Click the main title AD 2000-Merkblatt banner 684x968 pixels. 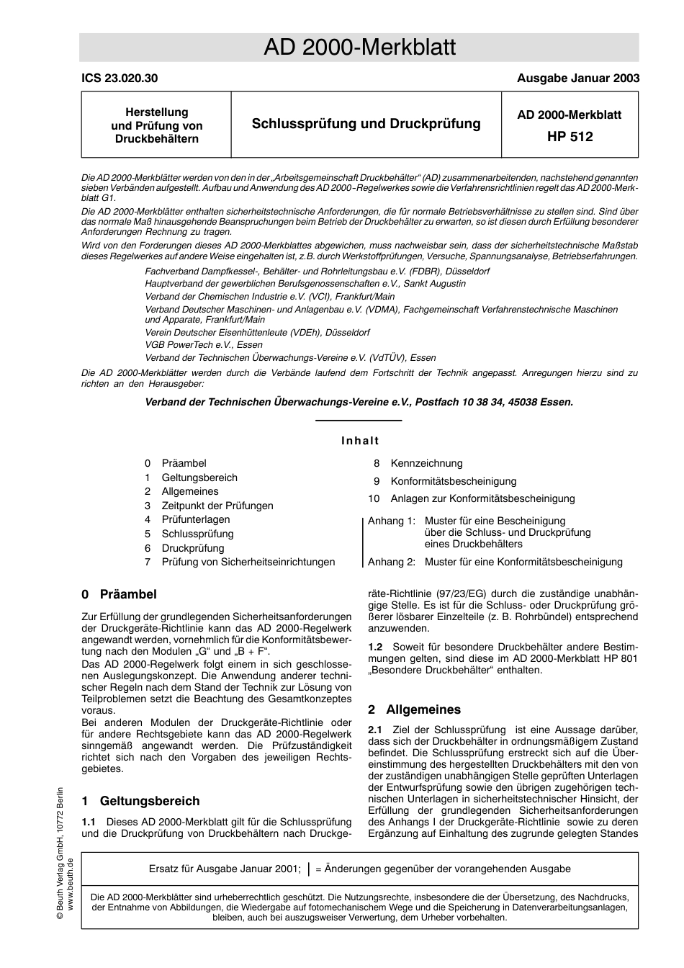click(x=359, y=48)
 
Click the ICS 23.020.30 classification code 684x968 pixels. click(x=119, y=79)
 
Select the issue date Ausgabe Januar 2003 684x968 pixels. click(x=577, y=79)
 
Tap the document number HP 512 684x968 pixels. click(x=570, y=136)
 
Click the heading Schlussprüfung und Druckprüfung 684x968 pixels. click(x=366, y=124)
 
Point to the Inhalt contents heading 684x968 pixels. click(x=360, y=441)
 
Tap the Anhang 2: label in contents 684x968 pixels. click(x=392, y=562)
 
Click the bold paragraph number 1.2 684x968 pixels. click(x=375, y=647)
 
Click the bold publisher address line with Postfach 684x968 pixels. click(x=359, y=402)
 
